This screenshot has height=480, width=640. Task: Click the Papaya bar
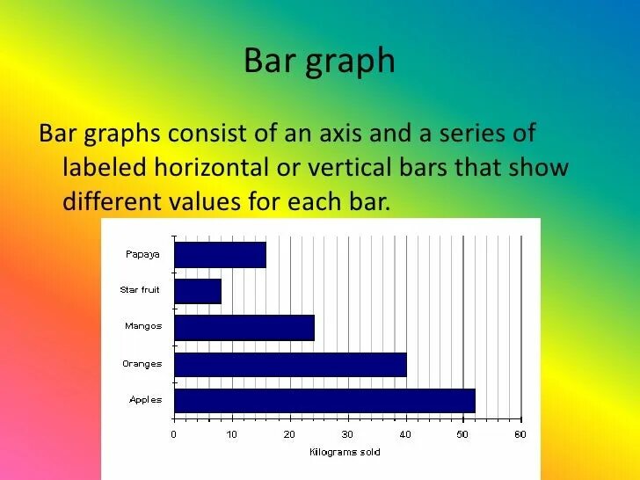coord(220,255)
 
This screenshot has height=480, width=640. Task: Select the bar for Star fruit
coord(198,291)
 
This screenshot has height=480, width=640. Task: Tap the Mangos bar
coord(244,327)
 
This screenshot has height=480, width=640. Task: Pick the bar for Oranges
coord(290,364)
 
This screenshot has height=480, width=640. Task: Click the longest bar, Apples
coord(324,401)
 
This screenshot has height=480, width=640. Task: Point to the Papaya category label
coord(142,253)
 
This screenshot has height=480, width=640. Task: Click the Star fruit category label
coord(141,289)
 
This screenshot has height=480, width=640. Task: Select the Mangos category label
coord(143,326)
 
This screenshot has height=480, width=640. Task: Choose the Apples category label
coord(145,400)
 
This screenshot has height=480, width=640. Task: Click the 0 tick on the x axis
coord(174,434)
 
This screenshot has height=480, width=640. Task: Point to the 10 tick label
coord(231,434)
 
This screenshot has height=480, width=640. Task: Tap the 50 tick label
coord(462,434)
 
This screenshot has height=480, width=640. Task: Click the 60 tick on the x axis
coord(520,434)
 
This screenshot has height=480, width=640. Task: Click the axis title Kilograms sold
coord(345,452)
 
